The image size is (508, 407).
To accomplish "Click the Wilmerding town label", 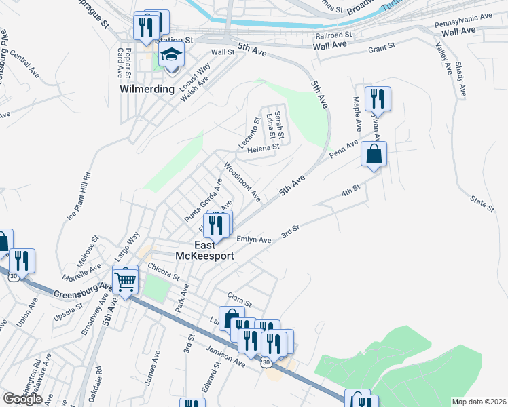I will [146, 88].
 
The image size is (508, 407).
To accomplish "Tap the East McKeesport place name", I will [215, 250].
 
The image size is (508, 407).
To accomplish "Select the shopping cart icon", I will [126, 279].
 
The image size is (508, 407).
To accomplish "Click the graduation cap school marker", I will [172, 56].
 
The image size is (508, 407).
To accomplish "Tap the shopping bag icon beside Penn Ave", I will [374, 154].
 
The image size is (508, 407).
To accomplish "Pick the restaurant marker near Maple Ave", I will [376, 99].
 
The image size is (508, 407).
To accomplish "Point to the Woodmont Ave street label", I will [242, 181].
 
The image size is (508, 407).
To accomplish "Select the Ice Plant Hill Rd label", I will [77, 196].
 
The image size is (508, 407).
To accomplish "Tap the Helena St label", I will [264, 147].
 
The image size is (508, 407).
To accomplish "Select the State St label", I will [482, 203].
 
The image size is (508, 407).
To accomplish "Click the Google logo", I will [22, 398].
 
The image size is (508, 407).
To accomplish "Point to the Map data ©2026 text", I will [479, 402].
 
